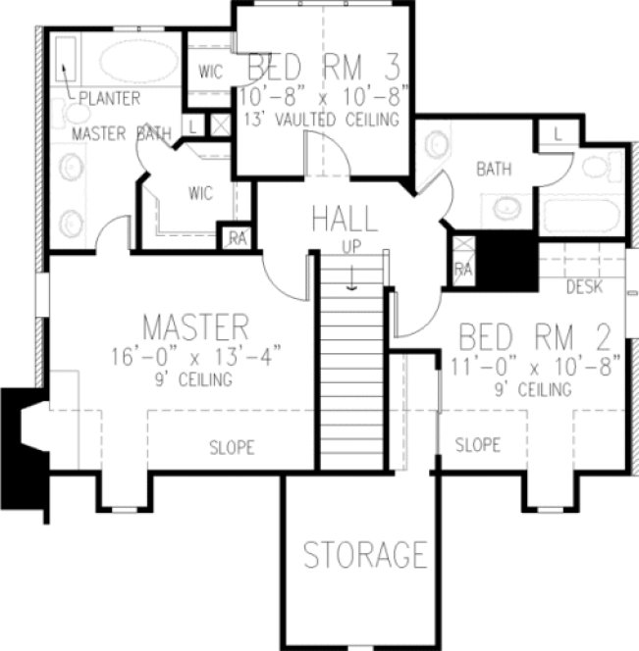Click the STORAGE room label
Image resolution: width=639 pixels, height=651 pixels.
[x=364, y=555]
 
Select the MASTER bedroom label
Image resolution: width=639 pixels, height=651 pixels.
[x=194, y=325]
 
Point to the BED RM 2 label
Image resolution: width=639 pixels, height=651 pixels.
[x=536, y=339]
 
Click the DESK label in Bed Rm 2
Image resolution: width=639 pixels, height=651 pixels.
[x=585, y=286]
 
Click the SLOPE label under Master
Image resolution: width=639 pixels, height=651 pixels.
[x=232, y=448]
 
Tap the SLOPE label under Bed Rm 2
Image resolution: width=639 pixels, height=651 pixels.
[x=477, y=445]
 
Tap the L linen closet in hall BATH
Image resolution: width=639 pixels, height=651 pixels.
[x=557, y=133]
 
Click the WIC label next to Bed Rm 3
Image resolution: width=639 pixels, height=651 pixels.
[x=210, y=72]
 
